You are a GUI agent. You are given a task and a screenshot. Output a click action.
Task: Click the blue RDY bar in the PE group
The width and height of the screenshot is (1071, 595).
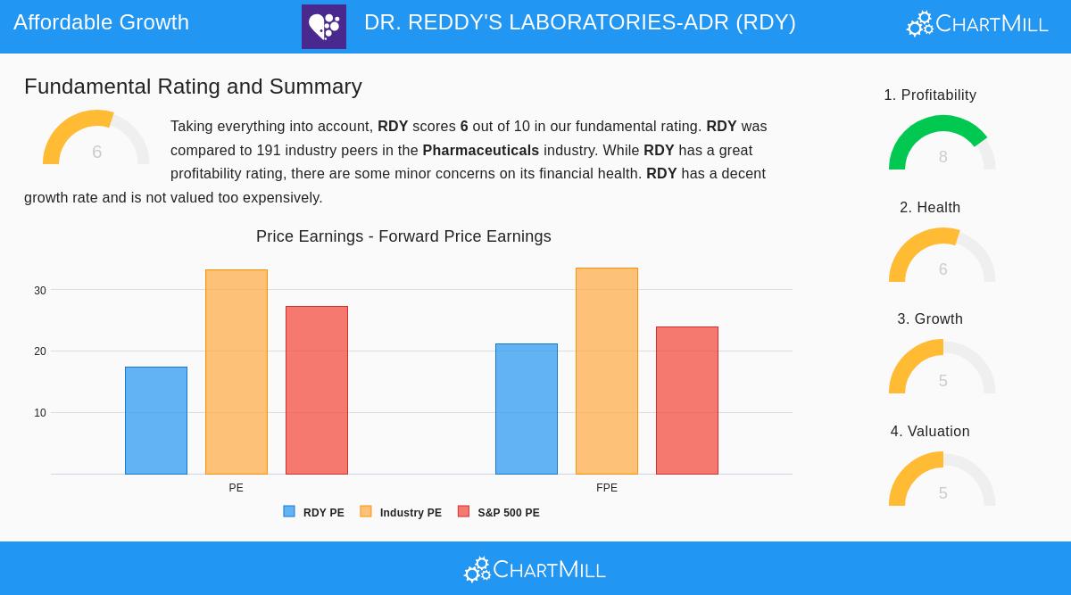(156, 420)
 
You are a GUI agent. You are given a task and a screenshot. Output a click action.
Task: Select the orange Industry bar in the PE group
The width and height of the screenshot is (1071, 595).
(237, 372)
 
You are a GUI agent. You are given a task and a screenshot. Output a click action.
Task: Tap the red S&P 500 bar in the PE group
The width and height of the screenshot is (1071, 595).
(317, 390)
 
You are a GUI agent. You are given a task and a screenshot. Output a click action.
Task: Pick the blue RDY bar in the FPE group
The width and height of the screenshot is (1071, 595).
(527, 409)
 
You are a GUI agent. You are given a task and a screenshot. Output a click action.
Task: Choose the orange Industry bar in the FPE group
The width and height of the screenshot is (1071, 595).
(607, 371)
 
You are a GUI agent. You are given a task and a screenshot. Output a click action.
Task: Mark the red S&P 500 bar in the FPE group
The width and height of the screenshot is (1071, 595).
(687, 401)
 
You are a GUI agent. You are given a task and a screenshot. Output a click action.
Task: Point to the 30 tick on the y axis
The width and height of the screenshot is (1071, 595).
(40, 291)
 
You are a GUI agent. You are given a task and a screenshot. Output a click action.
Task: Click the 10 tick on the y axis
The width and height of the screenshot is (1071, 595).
(40, 413)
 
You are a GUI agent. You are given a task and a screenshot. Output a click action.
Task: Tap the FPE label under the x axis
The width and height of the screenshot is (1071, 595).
(607, 488)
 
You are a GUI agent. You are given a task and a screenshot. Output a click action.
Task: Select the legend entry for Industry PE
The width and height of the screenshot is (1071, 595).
(401, 513)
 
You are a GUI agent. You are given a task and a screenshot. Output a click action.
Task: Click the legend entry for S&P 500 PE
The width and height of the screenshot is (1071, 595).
(499, 513)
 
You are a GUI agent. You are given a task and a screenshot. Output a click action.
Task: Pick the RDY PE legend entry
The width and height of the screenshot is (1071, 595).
(314, 513)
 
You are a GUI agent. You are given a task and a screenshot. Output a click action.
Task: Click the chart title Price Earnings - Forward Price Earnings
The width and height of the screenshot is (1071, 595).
(403, 236)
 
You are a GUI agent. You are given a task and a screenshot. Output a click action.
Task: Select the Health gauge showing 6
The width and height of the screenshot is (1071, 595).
(942, 256)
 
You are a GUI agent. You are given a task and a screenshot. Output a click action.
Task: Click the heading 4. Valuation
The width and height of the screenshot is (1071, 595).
(930, 431)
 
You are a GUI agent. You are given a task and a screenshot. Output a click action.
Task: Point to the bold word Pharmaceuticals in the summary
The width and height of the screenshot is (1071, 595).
(480, 150)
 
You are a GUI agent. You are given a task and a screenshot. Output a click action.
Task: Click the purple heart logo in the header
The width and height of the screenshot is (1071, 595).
(324, 27)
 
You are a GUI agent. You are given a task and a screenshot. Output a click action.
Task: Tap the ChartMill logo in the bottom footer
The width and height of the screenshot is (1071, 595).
(535, 569)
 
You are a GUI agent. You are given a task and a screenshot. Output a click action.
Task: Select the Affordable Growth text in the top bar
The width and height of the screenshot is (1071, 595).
(101, 22)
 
